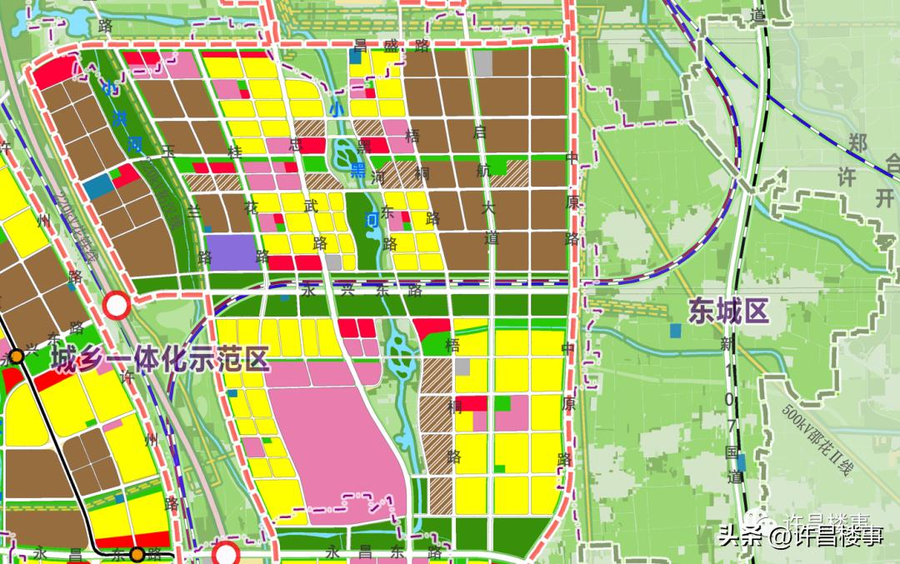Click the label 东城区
pos(727,312)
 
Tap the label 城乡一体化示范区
pos(161,360)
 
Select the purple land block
pos(230,251)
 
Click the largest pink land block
pos(333,442)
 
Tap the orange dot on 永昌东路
pos(137,552)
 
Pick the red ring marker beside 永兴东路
pos(117,306)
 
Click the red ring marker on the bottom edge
pos(226,554)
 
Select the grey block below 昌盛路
pos(483,63)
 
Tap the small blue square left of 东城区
pos(673,331)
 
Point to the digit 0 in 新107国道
pos(729,402)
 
